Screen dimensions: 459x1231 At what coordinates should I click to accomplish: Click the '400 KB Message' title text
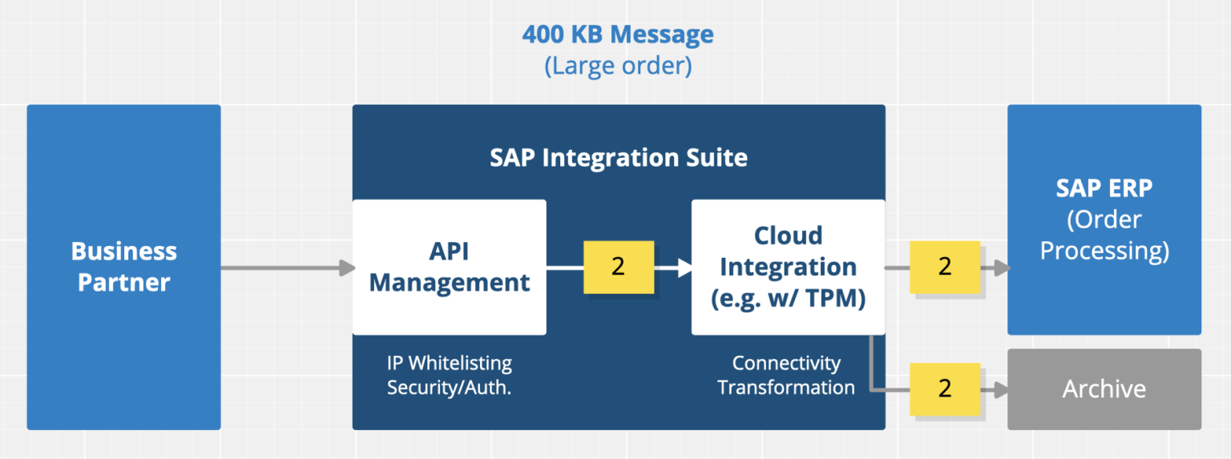click(617, 34)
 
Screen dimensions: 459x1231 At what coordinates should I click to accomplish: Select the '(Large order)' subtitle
click(617, 65)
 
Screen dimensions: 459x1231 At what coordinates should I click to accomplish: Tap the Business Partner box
click(123, 267)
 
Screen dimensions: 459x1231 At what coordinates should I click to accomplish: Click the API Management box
click(449, 267)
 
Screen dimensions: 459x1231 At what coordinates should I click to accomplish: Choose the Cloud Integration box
click(788, 267)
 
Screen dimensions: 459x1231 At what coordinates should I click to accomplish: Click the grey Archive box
click(1104, 389)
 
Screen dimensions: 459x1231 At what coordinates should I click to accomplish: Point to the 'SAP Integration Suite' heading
click(618, 158)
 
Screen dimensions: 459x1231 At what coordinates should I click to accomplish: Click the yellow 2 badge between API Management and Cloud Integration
click(618, 267)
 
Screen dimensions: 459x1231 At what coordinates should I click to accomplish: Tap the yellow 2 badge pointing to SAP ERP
click(945, 267)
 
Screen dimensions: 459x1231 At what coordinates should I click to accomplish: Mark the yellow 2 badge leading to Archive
click(945, 389)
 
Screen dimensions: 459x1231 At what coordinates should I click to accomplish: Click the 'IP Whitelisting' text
click(449, 363)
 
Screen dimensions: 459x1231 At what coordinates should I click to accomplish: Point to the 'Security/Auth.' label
click(449, 387)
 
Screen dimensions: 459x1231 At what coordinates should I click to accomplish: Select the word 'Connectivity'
click(786, 363)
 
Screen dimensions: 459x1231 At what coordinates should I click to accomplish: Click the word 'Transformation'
click(786, 387)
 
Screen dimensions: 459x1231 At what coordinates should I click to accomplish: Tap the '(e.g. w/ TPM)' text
click(788, 298)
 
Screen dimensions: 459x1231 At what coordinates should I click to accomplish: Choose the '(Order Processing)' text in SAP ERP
click(1104, 235)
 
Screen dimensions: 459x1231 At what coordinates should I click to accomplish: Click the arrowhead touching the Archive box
click(1000, 390)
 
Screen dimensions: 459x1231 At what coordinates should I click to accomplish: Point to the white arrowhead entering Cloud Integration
click(684, 268)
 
